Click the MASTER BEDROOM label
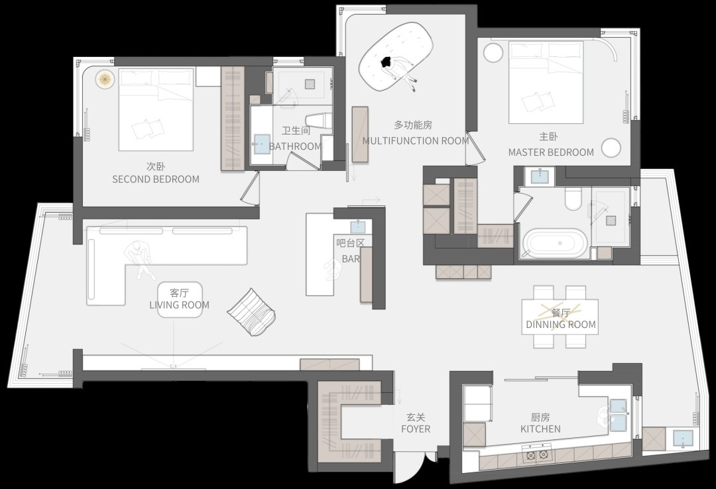pos(551,152)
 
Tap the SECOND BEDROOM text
pos(156,179)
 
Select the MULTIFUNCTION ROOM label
pos(416,140)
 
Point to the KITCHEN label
pos(541,429)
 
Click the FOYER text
pos(416,429)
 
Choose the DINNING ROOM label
pos(561,325)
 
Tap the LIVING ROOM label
pos(180,305)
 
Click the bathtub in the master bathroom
pos(556,243)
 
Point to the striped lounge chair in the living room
pos(252,312)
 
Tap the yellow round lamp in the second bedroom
pos(105,80)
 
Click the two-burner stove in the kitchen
pos(537,454)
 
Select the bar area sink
pos(358,227)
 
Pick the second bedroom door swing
pos(250,189)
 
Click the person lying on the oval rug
pos(399,71)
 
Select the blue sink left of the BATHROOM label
pos(262,144)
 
